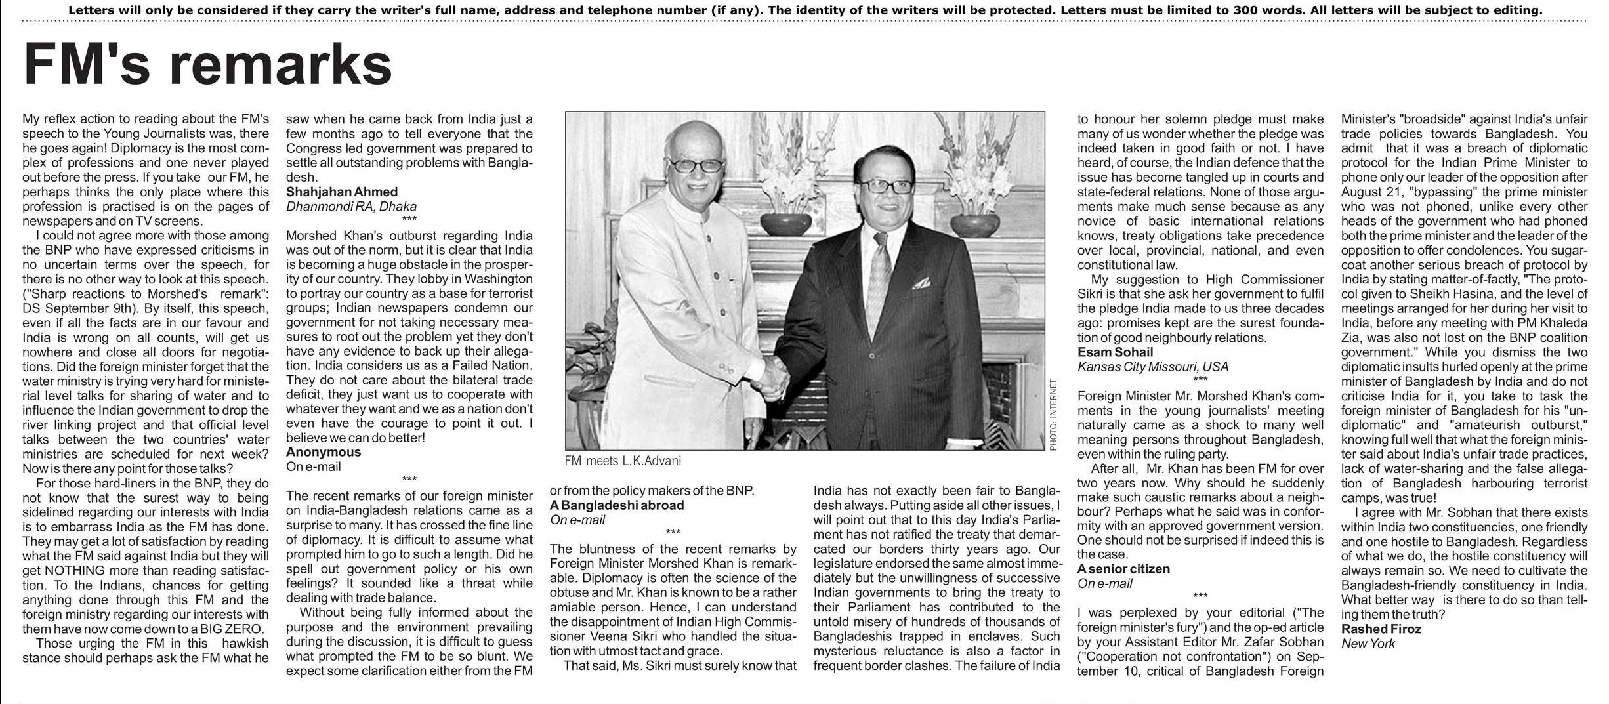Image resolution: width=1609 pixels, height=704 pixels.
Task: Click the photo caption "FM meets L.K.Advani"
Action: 623,461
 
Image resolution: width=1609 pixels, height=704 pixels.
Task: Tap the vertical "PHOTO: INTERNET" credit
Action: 1053,415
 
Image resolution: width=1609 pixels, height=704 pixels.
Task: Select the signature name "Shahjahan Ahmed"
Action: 342,192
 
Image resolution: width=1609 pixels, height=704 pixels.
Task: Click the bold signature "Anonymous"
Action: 324,452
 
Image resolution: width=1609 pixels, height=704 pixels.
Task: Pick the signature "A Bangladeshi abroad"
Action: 617,505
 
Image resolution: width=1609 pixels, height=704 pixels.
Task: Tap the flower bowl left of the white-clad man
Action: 786,222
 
